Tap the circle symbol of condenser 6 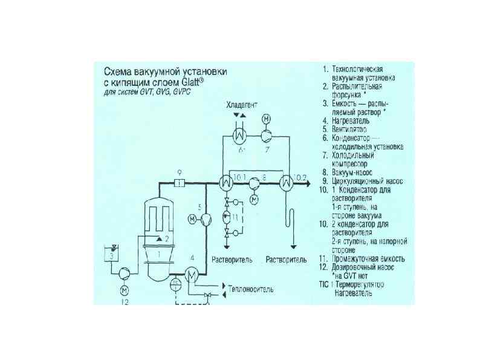tap(239, 134)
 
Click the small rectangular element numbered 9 tap(180, 182)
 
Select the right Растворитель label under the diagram tap(286, 260)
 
